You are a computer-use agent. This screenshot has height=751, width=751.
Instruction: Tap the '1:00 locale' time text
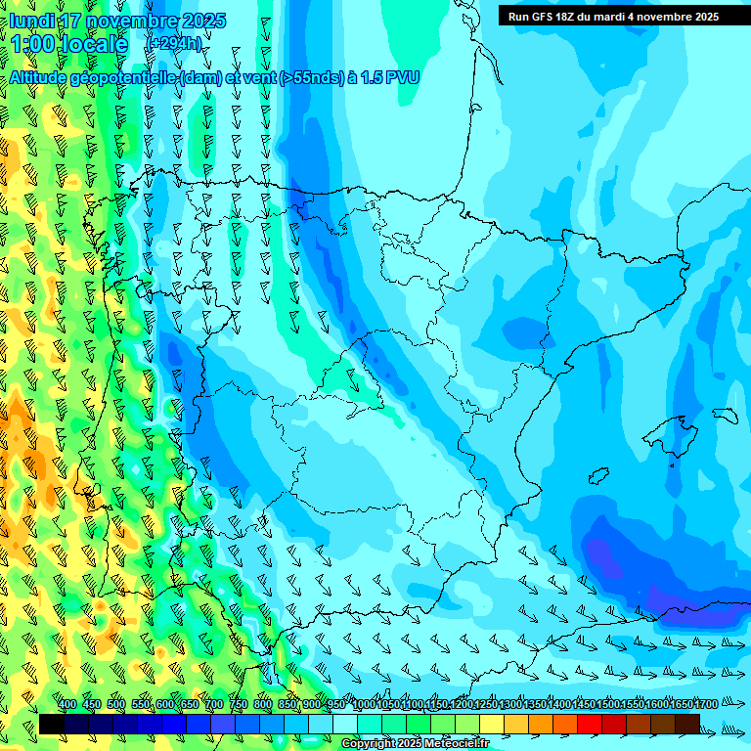[x=69, y=44]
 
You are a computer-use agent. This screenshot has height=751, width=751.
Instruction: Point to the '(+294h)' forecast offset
[x=174, y=44]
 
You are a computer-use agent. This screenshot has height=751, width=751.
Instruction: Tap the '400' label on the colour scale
[x=67, y=704]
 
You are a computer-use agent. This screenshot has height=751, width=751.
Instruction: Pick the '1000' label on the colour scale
[x=363, y=704]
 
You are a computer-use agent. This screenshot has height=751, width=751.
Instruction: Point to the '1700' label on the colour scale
[x=705, y=704]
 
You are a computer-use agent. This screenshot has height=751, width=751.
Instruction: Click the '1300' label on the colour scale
[x=509, y=704]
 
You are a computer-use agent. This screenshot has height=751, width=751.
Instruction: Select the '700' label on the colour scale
[x=214, y=704]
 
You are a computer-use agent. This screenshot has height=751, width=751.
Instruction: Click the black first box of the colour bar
[x=52, y=724]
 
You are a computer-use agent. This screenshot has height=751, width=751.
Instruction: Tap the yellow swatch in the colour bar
[x=492, y=724]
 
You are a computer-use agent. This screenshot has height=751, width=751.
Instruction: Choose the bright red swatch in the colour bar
[x=590, y=724]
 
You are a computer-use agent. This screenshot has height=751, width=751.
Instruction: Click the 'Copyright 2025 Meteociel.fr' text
[x=415, y=744]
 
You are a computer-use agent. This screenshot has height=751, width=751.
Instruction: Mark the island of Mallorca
[x=671, y=431]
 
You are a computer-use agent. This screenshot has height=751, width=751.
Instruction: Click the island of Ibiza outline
[x=598, y=475]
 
